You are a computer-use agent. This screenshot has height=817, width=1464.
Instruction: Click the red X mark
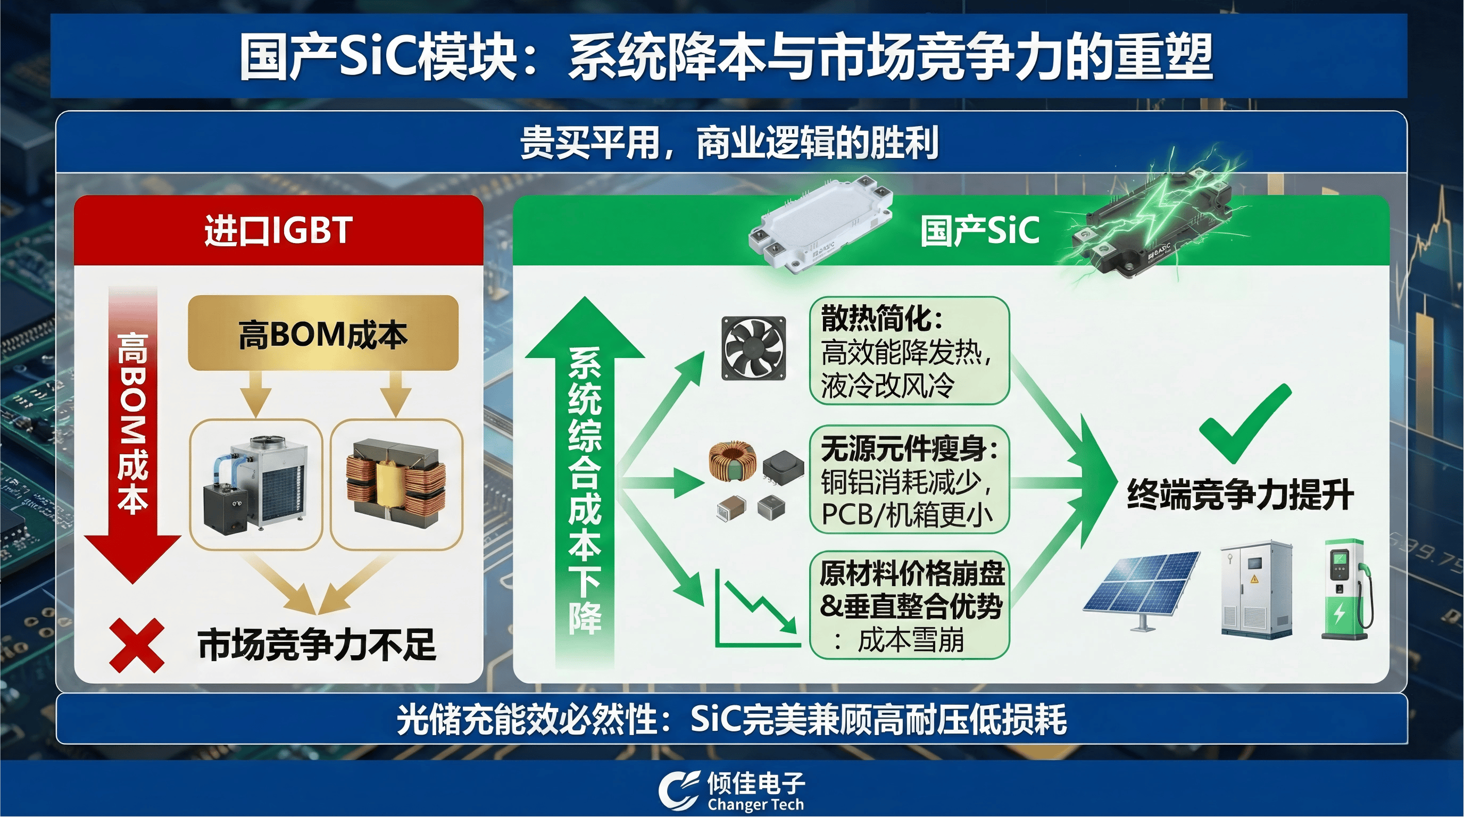136,646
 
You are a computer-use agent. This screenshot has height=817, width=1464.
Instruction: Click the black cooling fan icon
754,348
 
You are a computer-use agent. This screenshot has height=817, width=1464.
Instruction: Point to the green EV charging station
1346,589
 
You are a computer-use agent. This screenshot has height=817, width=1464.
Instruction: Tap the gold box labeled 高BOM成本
323,333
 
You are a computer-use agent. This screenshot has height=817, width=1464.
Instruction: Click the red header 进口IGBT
278,230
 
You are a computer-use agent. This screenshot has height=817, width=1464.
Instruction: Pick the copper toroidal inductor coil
733,461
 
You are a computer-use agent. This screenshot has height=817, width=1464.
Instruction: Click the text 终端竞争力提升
1240,494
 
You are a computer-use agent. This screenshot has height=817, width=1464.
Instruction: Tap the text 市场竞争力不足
317,645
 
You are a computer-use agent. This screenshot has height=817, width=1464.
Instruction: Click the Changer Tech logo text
756,805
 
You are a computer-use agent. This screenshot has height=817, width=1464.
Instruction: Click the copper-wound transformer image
396,482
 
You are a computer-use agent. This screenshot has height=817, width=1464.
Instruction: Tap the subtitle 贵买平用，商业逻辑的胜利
729,143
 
